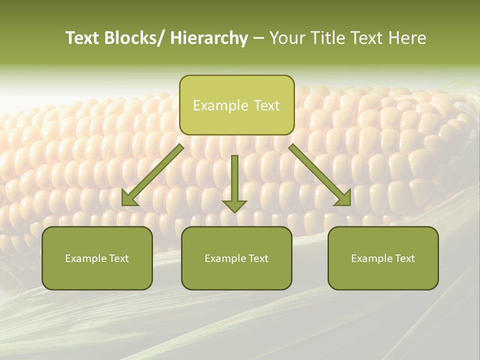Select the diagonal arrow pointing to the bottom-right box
coord(320,175)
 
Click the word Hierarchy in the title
coord(209,38)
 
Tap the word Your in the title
coord(286,38)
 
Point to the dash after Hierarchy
coord(258,39)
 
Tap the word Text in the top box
coord(266,105)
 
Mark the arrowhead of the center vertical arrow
coord(234,205)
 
